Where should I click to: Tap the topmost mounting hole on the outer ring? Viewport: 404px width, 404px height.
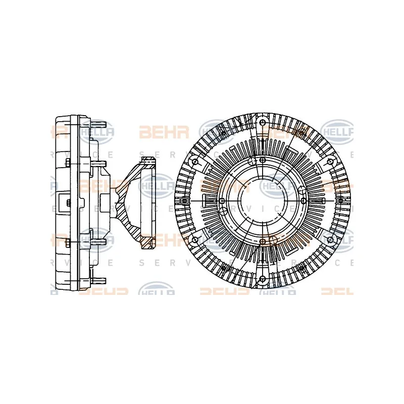262,123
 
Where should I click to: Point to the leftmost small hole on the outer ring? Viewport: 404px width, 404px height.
183,201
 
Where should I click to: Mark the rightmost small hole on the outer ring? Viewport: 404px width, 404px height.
341,201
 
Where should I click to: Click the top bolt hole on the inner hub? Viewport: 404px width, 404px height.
262,161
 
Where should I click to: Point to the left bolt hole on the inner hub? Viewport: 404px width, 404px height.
222,201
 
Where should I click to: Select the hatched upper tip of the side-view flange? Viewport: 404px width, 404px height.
147,161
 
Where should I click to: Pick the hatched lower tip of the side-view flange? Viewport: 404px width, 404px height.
147,243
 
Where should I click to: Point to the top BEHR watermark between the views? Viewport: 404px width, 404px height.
157,133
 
